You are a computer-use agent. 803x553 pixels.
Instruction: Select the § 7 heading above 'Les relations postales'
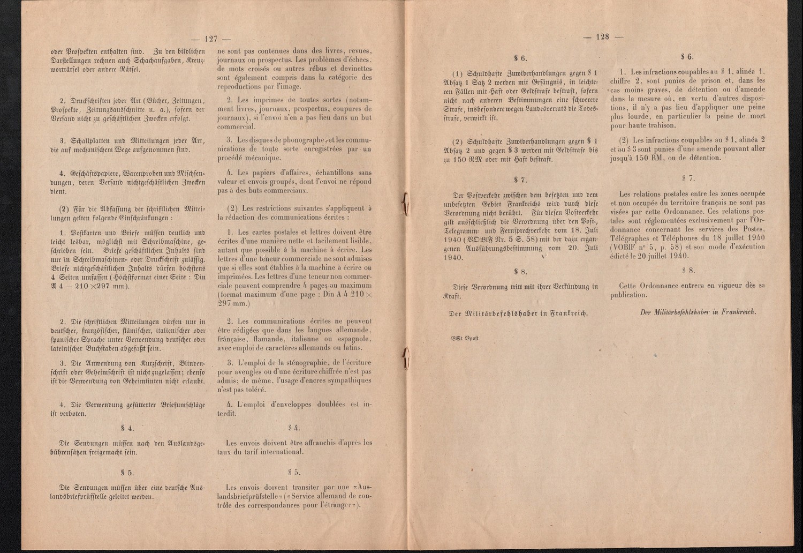point(688,177)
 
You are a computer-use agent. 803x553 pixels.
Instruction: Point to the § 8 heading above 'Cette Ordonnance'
point(688,271)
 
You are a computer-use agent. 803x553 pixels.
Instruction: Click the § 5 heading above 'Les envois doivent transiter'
point(294,472)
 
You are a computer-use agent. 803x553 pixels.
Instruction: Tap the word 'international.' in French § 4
point(277,452)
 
